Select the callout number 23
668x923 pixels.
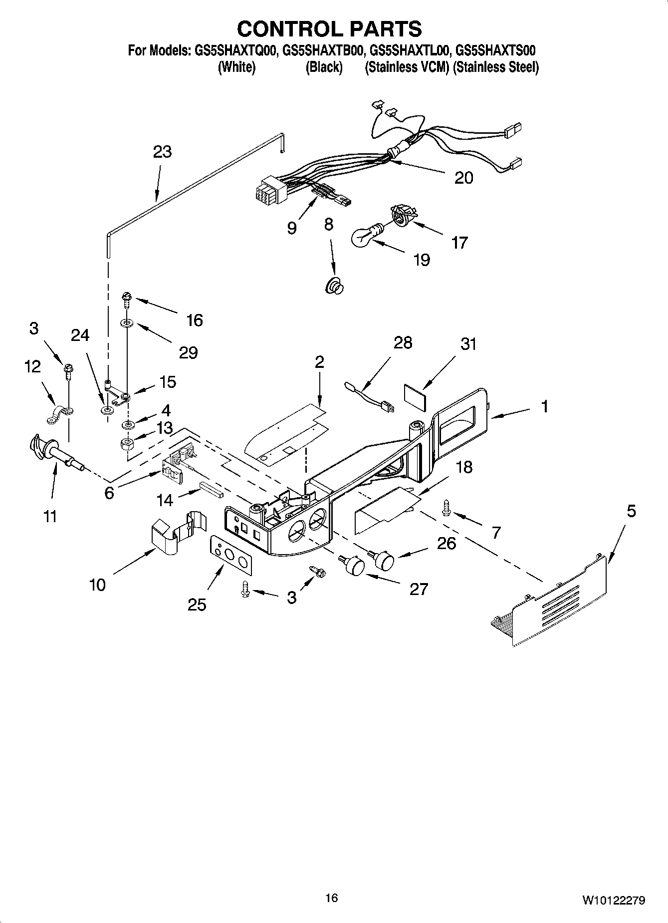coord(163,151)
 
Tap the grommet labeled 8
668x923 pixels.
coord(334,287)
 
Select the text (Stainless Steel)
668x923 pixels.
coord(495,67)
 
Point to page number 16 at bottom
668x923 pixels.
coord(331,898)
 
